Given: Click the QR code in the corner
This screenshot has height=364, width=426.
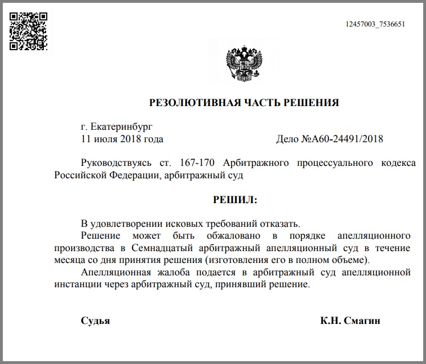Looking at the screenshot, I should click(28, 31).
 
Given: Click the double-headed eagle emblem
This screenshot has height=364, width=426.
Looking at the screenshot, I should click(243, 64).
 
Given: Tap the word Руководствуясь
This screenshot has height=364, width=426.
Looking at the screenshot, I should click(116, 163).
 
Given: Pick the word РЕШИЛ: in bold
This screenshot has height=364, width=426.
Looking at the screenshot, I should click(235, 199).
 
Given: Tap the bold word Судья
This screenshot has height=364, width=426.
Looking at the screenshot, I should click(95, 321).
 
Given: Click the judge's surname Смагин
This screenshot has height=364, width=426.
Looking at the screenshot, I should click(363, 321).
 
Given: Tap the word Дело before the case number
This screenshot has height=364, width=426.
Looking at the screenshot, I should click(288, 138).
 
